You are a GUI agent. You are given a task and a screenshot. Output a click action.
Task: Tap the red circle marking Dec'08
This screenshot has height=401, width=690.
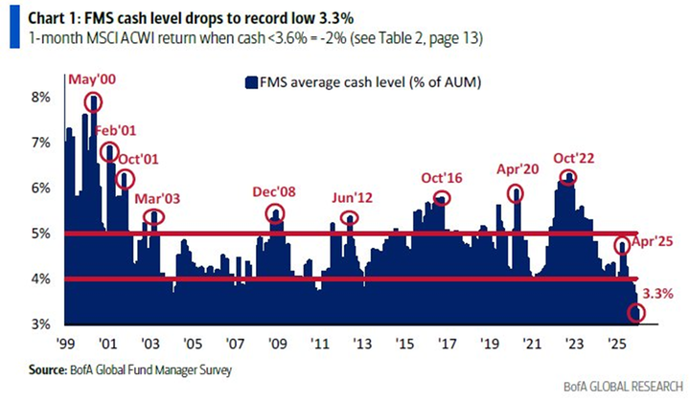tap(276, 214)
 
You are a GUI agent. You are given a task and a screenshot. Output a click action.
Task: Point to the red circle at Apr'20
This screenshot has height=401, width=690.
tap(517, 193)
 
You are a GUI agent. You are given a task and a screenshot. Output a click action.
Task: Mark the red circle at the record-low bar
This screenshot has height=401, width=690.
tap(635, 313)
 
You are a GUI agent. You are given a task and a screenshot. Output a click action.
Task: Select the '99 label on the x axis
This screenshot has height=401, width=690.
tap(65, 342)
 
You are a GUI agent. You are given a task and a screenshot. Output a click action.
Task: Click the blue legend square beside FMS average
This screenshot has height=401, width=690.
tap(252, 82)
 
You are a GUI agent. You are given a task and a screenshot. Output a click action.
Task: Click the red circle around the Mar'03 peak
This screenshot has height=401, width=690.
tap(153, 216)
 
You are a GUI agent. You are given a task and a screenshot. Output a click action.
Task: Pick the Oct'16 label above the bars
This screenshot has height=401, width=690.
tap(442, 178)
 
